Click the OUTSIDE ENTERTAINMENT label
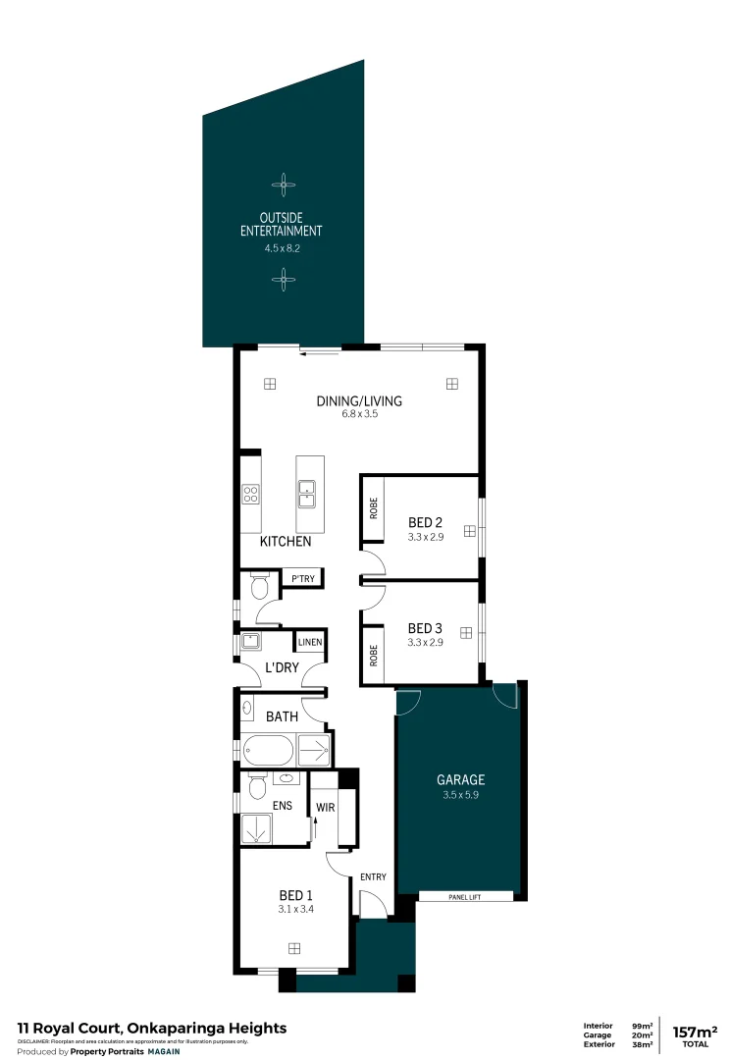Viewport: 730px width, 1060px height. point(282,224)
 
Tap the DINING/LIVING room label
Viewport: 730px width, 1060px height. point(359,400)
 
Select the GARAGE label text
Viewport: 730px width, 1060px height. point(460,780)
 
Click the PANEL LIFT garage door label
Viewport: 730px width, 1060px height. point(466,896)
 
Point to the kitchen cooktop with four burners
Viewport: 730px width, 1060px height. point(251,496)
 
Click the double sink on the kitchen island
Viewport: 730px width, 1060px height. point(306,492)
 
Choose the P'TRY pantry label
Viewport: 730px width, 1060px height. point(303,579)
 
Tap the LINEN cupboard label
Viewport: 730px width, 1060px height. point(310,642)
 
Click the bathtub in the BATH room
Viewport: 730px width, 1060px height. point(266,752)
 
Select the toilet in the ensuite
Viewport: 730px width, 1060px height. point(258,787)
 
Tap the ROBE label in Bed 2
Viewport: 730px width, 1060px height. point(373,507)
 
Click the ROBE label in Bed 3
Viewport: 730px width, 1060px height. point(373,655)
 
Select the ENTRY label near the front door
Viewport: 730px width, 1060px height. point(373,876)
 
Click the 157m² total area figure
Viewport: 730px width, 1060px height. point(695,1032)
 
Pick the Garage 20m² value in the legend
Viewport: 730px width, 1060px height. point(644,1034)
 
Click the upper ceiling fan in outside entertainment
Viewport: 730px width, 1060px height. point(283,183)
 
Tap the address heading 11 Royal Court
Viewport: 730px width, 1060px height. point(152,1028)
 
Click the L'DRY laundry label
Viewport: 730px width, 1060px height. point(282,667)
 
